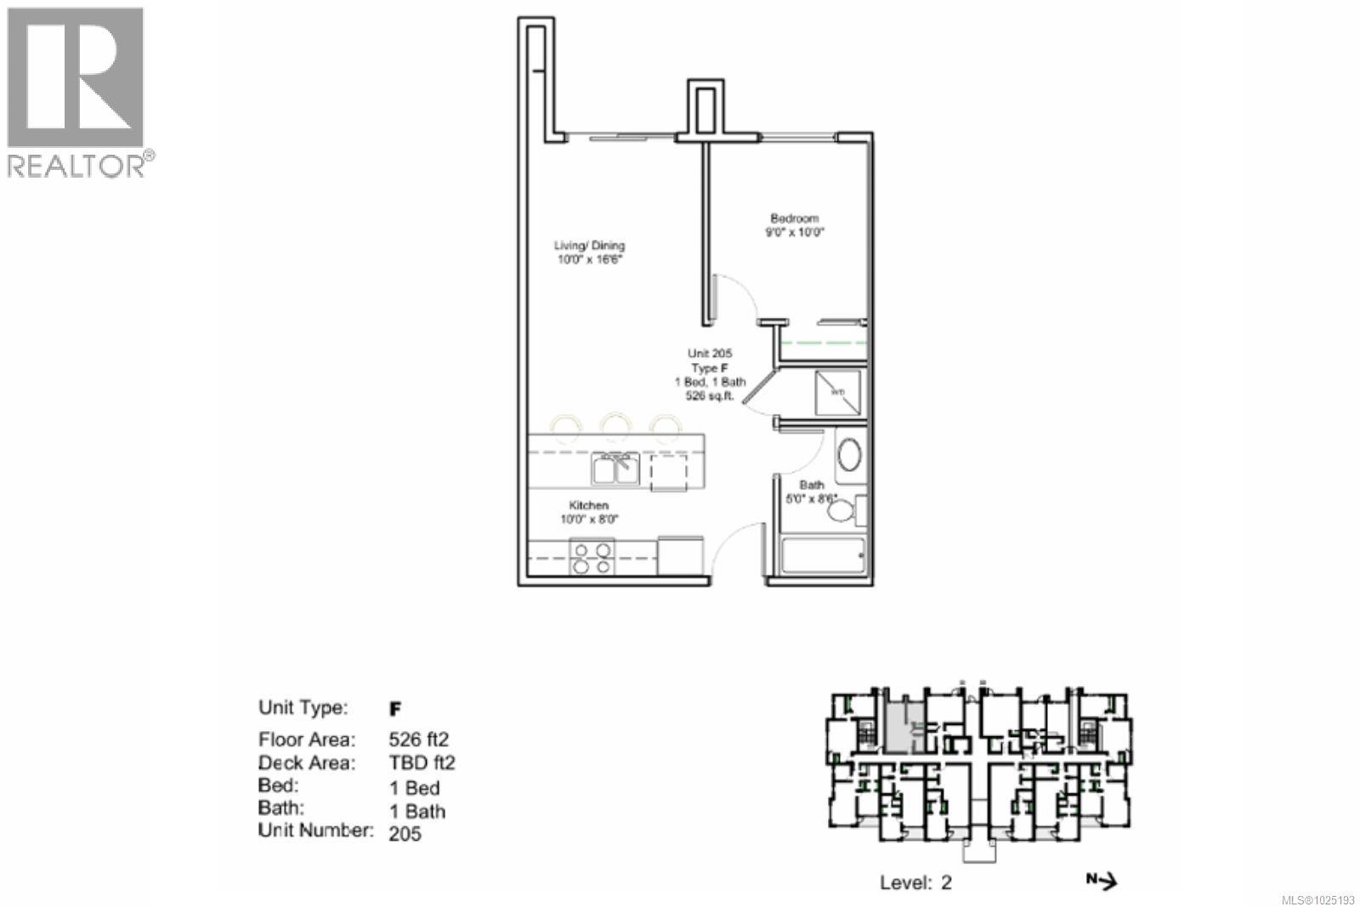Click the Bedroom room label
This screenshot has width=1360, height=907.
(x=795, y=218)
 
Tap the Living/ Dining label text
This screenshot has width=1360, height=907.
(x=589, y=246)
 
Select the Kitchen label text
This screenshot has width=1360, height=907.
(x=588, y=506)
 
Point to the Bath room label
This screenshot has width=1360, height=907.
(x=811, y=485)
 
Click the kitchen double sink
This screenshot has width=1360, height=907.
(x=615, y=470)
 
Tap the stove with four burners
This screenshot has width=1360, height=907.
(x=592, y=558)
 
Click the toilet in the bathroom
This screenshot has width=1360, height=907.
(x=843, y=511)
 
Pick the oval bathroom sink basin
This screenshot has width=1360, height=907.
(x=849, y=455)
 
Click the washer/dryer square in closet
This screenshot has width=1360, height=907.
(x=837, y=392)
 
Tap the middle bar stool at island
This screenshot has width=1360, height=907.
(x=614, y=425)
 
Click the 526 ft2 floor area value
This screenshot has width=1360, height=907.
(x=418, y=740)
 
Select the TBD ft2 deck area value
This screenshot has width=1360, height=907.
(x=422, y=763)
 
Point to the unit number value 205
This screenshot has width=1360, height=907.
(x=405, y=834)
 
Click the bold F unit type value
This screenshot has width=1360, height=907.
(x=394, y=709)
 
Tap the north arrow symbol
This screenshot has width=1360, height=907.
(x=1102, y=881)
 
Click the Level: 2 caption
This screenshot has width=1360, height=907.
(x=915, y=882)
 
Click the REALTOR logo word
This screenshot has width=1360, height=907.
(x=76, y=165)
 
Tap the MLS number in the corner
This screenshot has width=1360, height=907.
(x=1317, y=898)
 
